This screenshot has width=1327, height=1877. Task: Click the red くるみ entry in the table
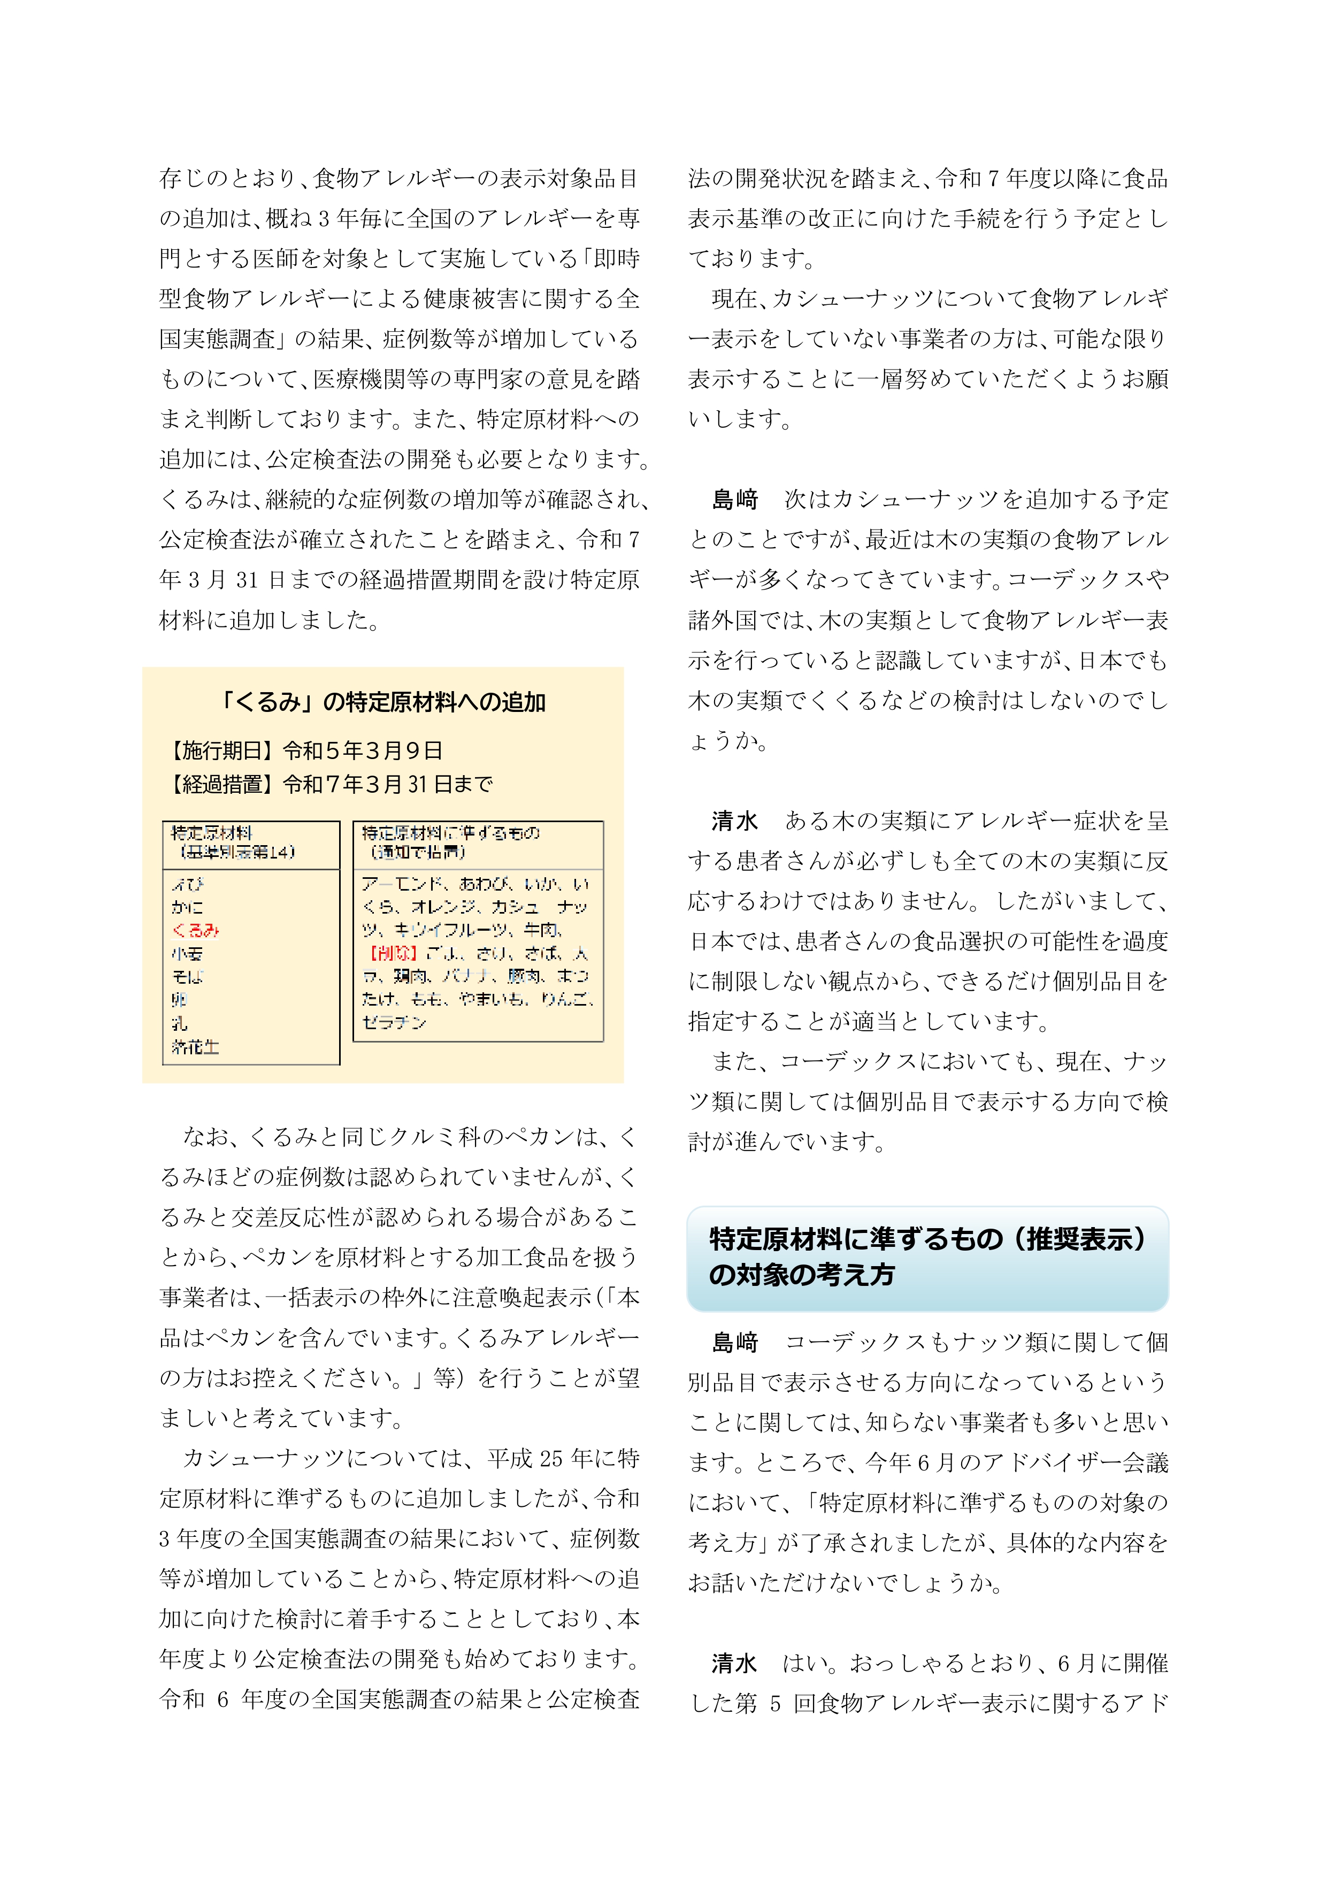[195, 930]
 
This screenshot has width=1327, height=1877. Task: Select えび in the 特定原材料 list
[188, 885]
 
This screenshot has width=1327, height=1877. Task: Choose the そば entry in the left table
[187, 977]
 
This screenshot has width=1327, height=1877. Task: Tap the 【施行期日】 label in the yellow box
[223, 750]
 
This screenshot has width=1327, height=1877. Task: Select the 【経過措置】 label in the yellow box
[223, 785]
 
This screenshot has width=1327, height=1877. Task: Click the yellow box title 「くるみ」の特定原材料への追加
[382, 702]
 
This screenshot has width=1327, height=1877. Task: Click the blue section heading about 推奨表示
[927, 1258]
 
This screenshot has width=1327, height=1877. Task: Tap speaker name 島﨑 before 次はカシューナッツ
[735, 500]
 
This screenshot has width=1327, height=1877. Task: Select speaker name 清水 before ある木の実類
[735, 821]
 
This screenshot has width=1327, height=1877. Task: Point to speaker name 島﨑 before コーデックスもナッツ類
[735, 1342]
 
